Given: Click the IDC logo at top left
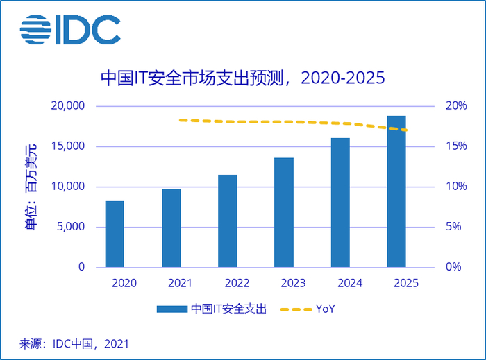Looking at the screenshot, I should tap(70, 28).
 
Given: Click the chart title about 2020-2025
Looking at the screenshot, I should tap(242, 77).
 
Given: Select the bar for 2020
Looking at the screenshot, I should tap(115, 234).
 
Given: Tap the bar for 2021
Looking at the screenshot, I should tap(171, 228).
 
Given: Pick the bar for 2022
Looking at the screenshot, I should tap(227, 221).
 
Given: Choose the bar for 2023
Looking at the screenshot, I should tap(283, 212).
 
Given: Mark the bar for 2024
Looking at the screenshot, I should tap(340, 203).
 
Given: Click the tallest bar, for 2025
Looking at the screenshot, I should tap(396, 191).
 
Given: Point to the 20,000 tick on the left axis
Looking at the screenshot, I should tap(67, 106).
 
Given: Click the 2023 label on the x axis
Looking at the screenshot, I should tap(292, 283).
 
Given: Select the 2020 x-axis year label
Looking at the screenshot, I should tap(124, 283).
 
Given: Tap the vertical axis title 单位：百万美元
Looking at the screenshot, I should tap(31, 187).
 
